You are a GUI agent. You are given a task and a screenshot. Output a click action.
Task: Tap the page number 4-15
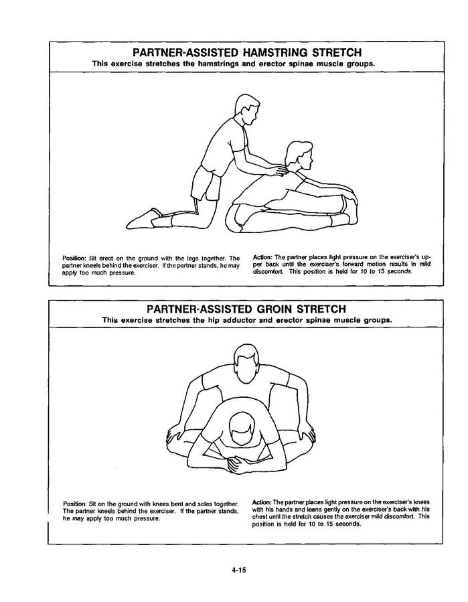[238, 570]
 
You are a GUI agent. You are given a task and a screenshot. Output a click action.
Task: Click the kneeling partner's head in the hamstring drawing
[246, 108]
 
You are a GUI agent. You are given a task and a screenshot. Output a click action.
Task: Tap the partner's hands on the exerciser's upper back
[281, 171]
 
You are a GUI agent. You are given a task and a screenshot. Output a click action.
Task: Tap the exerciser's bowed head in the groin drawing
[242, 429]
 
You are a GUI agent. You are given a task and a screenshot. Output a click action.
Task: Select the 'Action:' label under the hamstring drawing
[263, 257]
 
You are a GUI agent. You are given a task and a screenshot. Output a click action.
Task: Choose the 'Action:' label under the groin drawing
[262, 502]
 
